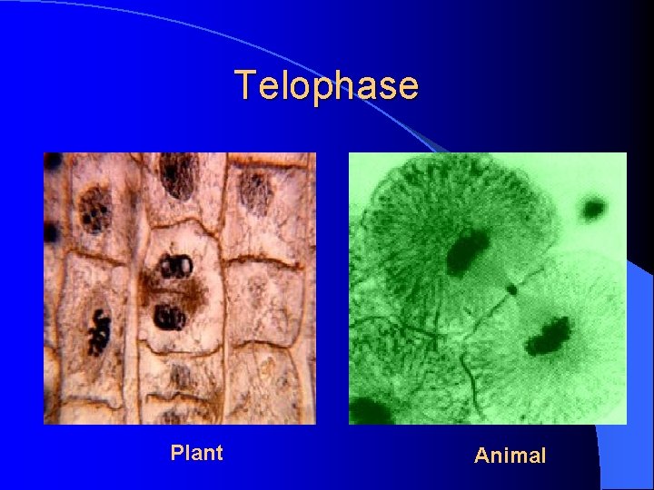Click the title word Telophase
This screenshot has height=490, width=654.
(x=327, y=85)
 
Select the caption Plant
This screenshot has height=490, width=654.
(x=196, y=452)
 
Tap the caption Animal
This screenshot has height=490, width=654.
(x=510, y=456)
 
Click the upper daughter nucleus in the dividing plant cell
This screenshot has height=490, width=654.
(x=173, y=266)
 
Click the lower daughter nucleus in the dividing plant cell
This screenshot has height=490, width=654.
(x=170, y=317)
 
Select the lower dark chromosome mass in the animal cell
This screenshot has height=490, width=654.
(x=548, y=336)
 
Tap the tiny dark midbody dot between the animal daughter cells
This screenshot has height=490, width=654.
(x=512, y=289)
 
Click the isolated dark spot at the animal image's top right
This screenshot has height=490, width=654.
(x=594, y=209)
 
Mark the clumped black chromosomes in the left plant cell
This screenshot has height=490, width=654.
(x=96, y=332)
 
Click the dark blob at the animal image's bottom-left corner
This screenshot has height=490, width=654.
(x=366, y=411)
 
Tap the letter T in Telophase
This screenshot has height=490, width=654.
(x=246, y=85)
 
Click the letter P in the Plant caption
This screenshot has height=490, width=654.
(x=176, y=452)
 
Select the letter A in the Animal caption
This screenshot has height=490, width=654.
(x=482, y=456)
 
